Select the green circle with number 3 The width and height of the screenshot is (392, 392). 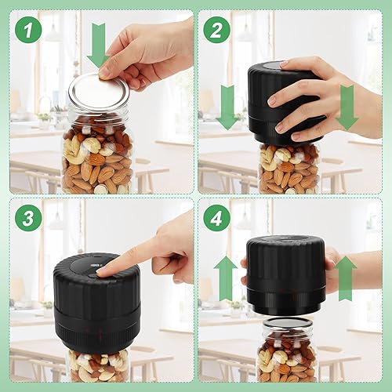pos(28,219)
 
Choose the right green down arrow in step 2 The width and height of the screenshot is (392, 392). pos(346,108)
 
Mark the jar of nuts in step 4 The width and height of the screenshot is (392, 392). pos(287,353)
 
